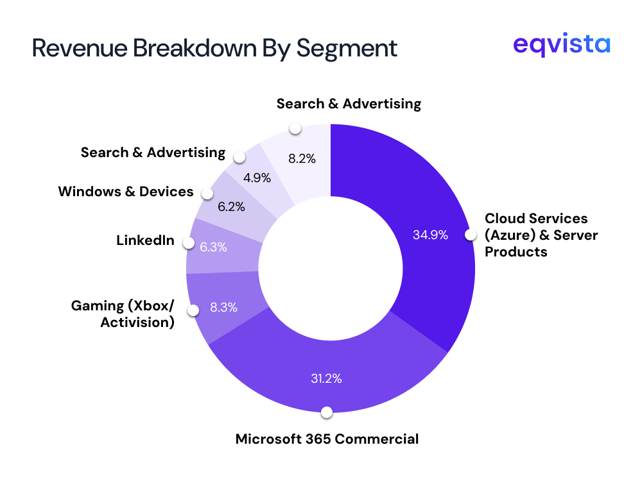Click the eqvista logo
pos(562,46)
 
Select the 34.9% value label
pos(430,235)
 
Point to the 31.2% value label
pos(326,378)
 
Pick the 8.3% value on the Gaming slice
pos(223,307)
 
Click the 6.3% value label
pos(213,247)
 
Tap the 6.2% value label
pos(231,208)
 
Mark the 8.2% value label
pos(302,158)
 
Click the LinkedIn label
pos(145,240)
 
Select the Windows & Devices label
pos(126,191)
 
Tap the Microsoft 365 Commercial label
pos(327,439)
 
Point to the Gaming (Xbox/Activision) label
pos(123,314)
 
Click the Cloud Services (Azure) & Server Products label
pos(541,235)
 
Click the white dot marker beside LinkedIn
pos(188,242)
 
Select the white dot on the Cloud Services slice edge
pos(471,235)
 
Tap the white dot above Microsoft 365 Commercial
pos(327,412)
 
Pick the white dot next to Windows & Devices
pos(207,193)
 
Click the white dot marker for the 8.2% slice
pos(295,128)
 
